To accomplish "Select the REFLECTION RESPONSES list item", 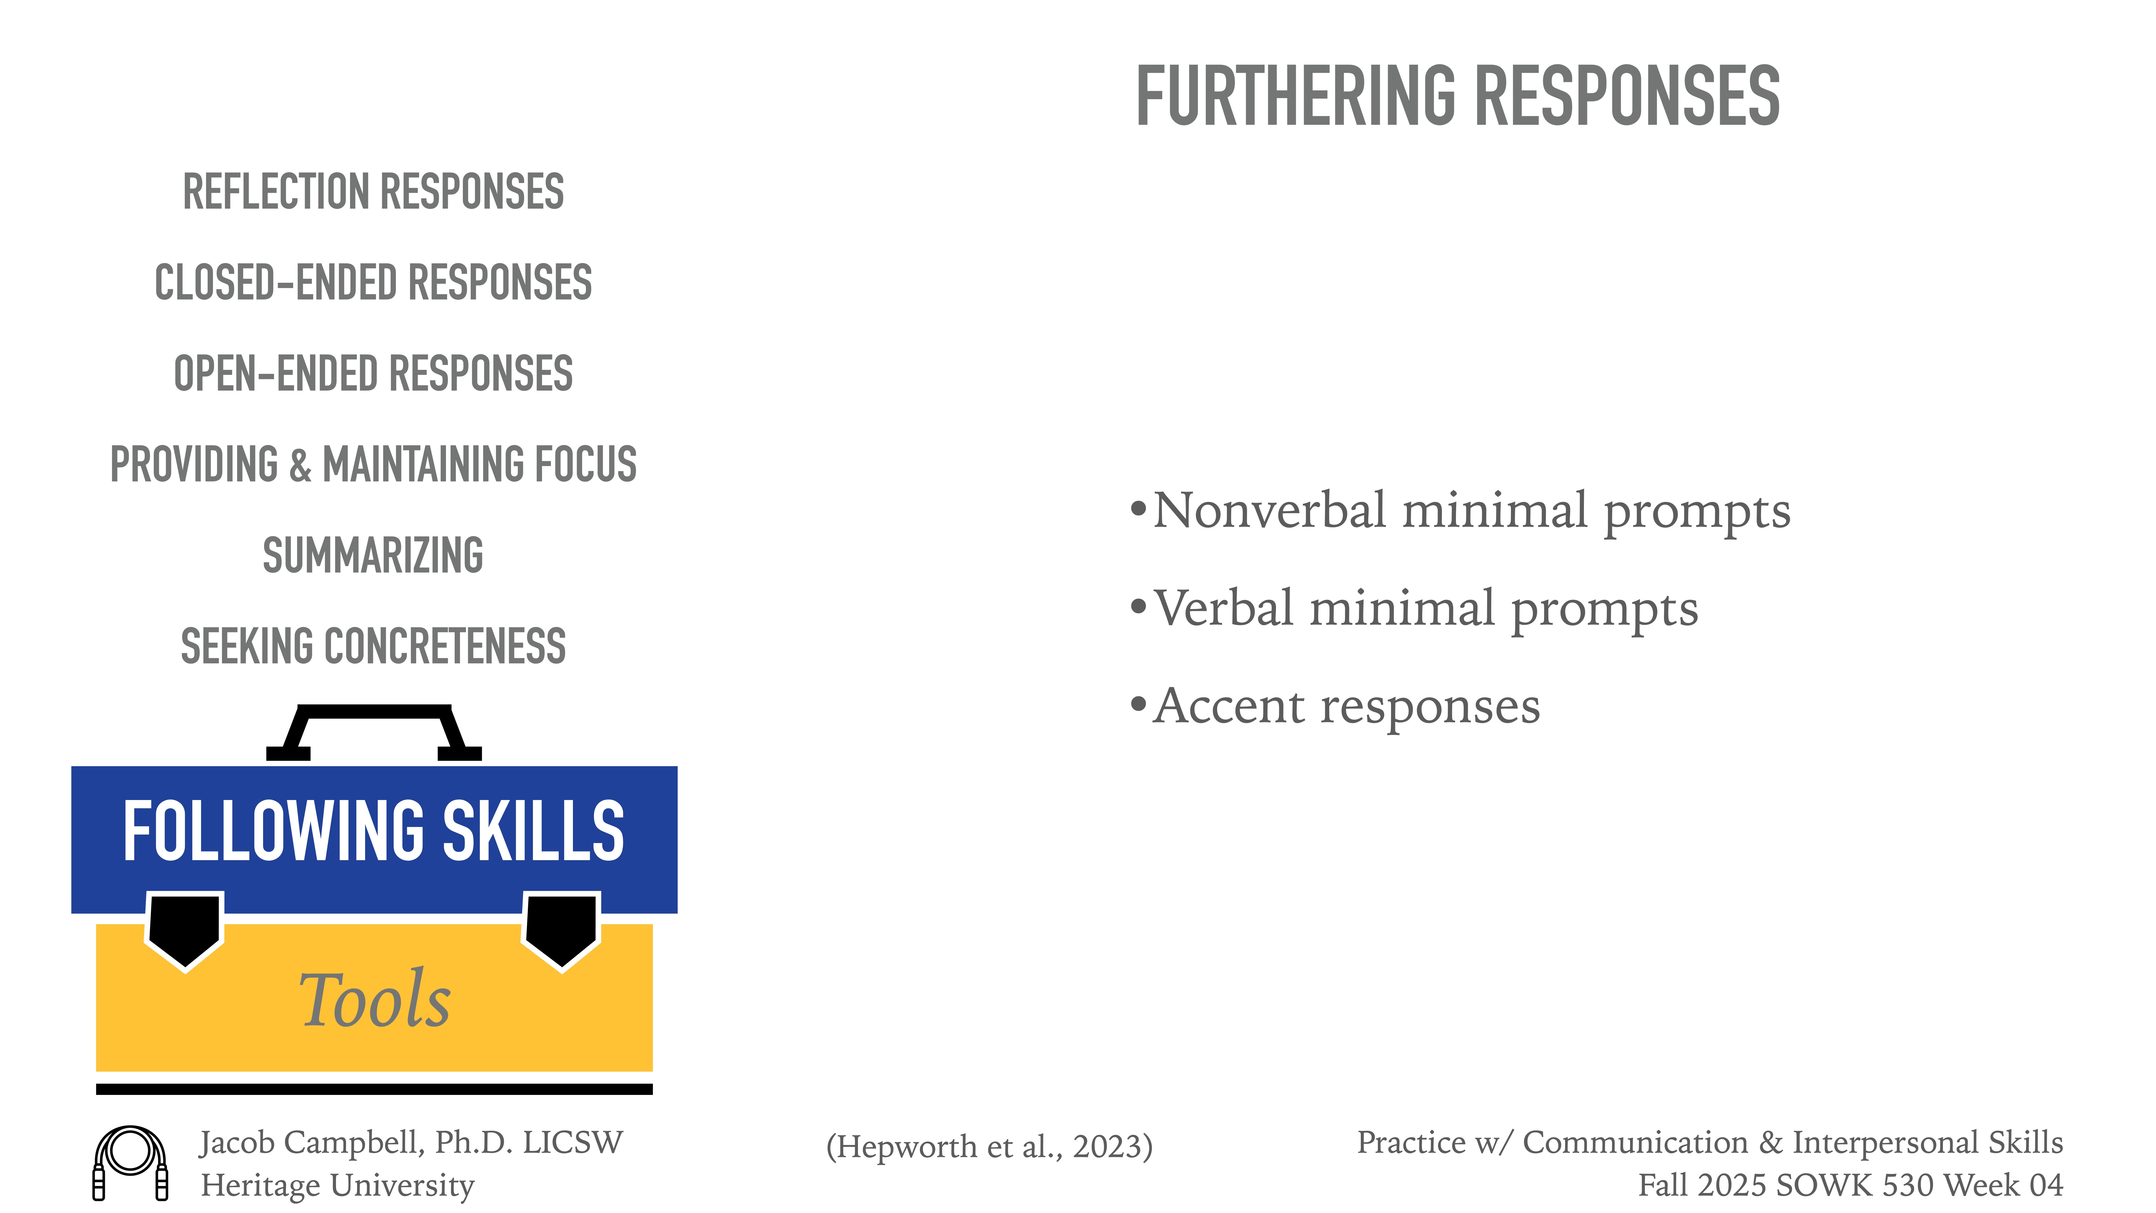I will tap(373, 192).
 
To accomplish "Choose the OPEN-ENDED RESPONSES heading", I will tap(373, 373).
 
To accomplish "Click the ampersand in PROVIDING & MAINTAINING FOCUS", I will tap(300, 466).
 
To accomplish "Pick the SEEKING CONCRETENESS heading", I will tap(373, 646).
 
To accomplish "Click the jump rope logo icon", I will tap(131, 1162).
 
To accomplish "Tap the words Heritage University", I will tap(337, 1186).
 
